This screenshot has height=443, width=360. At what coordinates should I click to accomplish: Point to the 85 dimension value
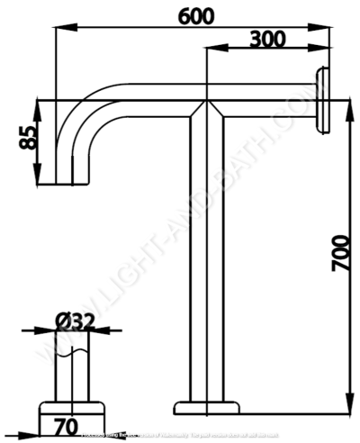28,136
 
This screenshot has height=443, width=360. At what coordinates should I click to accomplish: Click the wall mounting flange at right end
322,100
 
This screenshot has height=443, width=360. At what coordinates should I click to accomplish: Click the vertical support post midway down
208,261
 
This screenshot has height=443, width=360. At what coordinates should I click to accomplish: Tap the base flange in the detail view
73,414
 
